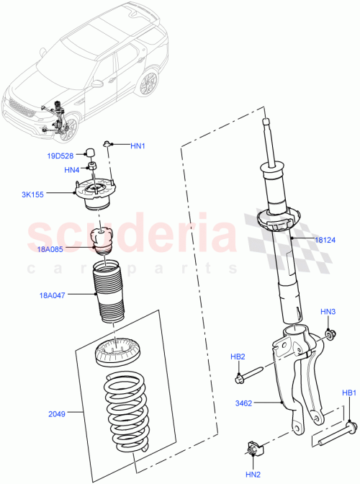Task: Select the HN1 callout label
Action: pyautogui.click(x=138, y=146)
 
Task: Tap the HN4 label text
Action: pyautogui.click(x=71, y=170)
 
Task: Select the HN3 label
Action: pyautogui.click(x=328, y=312)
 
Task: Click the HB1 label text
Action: pyautogui.click(x=349, y=393)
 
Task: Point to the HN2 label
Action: pyautogui.click(x=253, y=474)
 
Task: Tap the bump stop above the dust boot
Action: pyautogui.click(x=102, y=241)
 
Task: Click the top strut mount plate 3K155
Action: pyautogui.click(x=97, y=191)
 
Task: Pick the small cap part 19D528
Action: pyautogui.click(x=93, y=152)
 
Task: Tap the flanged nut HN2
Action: pyautogui.click(x=253, y=451)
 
